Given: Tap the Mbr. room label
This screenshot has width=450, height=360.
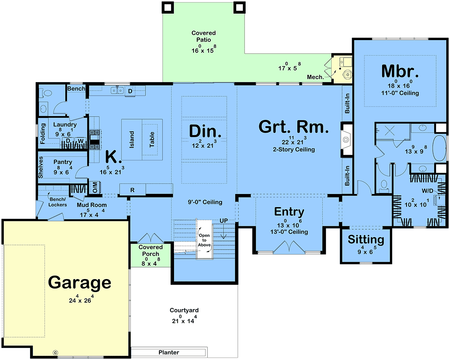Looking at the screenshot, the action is (x=400, y=71).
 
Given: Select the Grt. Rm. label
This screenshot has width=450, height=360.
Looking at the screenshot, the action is (x=293, y=127).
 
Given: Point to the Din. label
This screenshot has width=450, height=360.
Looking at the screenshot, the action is (x=205, y=131).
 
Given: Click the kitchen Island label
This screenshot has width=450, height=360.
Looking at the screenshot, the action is (x=132, y=140).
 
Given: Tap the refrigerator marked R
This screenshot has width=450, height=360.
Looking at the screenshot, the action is (x=132, y=190).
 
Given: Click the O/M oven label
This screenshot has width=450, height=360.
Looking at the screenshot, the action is (x=95, y=187).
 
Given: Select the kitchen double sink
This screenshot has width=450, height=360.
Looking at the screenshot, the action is (x=117, y=91).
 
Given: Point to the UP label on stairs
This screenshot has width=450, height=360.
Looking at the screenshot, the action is (x=223, y=221).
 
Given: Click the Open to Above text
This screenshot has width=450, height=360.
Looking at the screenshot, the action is (x=204, y=240).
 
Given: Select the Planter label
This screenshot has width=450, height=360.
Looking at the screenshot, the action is (x=169, y=353).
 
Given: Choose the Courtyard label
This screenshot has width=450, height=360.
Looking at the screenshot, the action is (x=184, y=310).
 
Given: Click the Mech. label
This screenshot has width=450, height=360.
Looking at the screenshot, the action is (x=315, y=77).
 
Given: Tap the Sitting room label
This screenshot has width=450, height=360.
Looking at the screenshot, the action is (x=366, y=239).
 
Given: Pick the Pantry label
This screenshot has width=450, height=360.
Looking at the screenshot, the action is (x=63, y=162).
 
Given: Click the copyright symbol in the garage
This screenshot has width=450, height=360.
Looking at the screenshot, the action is (x=55, y=353).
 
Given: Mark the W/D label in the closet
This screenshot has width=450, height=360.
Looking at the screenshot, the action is (x=427, y=191).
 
